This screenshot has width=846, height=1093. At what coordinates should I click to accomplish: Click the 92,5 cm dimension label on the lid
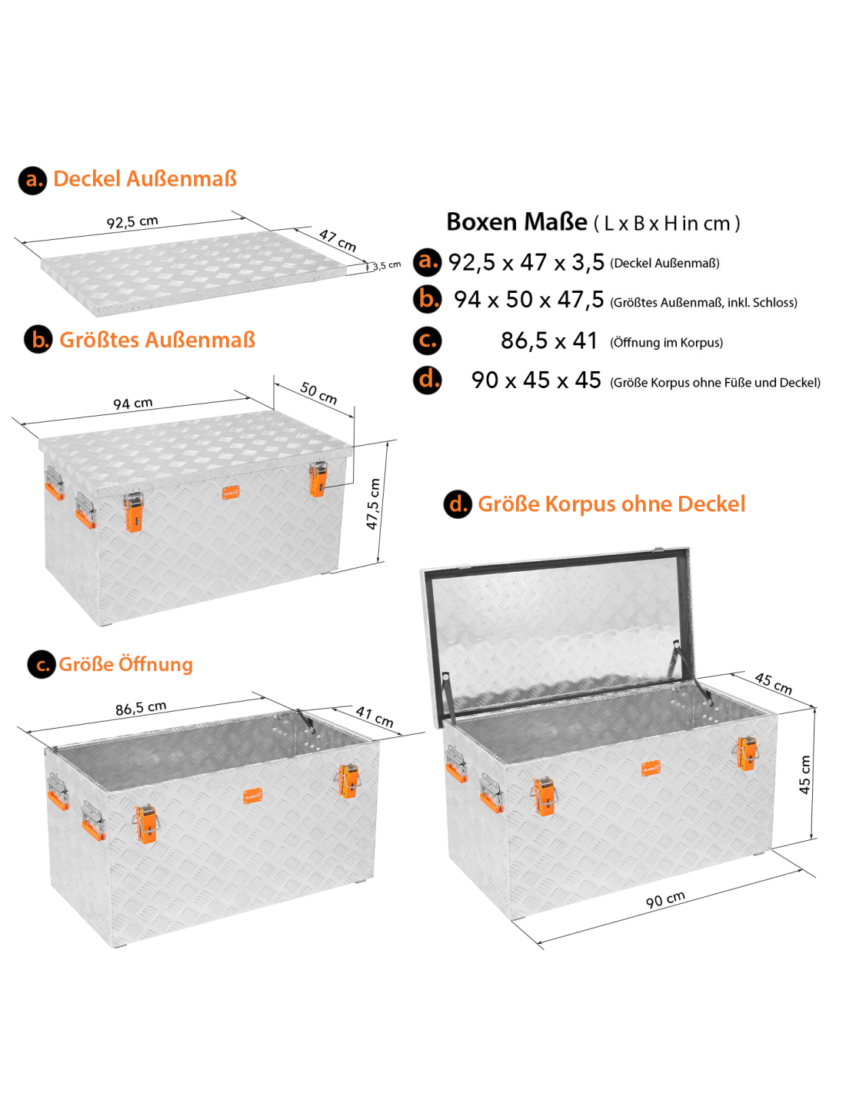(132, 222)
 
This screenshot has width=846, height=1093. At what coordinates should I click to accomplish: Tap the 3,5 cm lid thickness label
(387, 265)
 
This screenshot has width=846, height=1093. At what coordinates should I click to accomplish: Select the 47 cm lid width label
(337, 241)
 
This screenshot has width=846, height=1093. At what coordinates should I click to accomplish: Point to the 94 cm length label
(132, 403)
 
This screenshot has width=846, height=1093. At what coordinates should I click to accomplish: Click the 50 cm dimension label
(318, 393)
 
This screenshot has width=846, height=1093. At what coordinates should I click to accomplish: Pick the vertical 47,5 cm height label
(372, 503)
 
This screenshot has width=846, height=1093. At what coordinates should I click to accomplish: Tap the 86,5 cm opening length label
(141, 708)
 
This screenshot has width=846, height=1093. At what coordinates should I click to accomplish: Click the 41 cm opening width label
(375, 717)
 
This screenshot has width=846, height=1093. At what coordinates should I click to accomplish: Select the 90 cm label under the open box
(665, 899)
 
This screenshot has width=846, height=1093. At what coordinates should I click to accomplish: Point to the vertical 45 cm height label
(804, 775)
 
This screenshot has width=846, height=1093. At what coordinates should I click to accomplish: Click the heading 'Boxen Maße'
(516, 222)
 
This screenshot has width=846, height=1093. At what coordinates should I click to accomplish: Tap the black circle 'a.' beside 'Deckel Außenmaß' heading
(33, 180)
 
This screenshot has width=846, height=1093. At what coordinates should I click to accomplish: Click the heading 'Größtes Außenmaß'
(157, 340)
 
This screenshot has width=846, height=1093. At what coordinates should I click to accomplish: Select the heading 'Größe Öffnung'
(126, 664)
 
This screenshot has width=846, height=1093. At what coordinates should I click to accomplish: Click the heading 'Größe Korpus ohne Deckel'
(611, 504)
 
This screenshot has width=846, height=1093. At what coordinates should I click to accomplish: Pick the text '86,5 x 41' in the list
(548, 341)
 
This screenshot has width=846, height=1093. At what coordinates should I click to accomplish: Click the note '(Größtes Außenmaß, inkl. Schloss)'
(704, 302)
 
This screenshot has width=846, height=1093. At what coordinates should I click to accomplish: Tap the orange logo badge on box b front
(231, 493)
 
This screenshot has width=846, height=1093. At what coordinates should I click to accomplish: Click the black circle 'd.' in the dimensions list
(428, 380)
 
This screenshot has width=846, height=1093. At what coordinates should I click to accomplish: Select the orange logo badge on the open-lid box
(651, 769)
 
